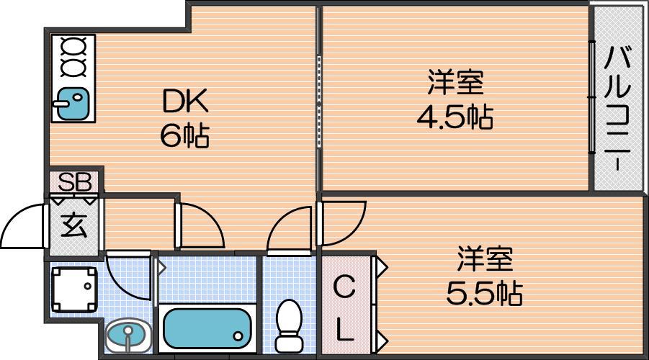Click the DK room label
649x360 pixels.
coord(185,102)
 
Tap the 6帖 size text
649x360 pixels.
coord(184,135)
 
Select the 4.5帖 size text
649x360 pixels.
coord(455,117)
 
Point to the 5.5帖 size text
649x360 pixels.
coord(484,293)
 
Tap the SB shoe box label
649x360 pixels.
coord(74,181)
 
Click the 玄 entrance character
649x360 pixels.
coord(74,225)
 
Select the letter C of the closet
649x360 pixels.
coord(344,287)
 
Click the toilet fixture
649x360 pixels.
coord(289,325)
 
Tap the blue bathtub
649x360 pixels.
coord(207,328)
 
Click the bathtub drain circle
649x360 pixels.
coord(238,336)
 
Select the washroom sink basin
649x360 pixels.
coord(128,336)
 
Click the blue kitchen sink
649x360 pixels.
coord(73,104)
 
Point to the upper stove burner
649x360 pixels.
coord(73,45)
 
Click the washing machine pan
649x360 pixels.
coord(74,289)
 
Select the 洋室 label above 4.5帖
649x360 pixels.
coord(455,82)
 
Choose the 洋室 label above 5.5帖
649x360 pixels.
coord(485,258)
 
